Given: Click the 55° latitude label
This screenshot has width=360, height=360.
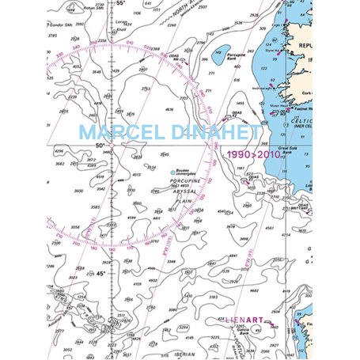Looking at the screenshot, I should point(121,4).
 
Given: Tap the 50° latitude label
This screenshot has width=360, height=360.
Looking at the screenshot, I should point(100,145).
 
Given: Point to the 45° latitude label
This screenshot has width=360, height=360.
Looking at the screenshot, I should point(100,274).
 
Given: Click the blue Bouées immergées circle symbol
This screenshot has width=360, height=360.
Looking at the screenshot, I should point(173,172).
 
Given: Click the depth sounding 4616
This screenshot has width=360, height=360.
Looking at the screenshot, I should point(169,110).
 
